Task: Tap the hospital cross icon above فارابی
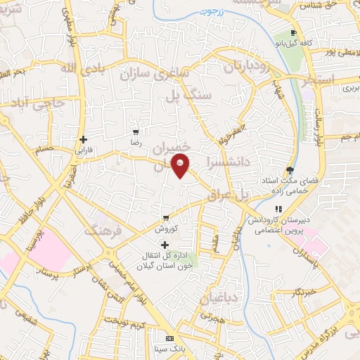[x=83, y=139]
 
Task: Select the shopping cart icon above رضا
[x=136, y=132]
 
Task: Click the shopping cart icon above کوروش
[x=165, y=217]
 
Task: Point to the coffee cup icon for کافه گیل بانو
[x=293, y=33]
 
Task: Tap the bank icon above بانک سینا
[x=168, y=337]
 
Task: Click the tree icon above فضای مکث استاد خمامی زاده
[x=290, y=169]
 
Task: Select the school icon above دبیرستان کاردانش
[x=278, y=209]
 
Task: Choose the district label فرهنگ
[x=103, y=230]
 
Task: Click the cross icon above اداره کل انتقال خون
[x=165, y=245]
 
